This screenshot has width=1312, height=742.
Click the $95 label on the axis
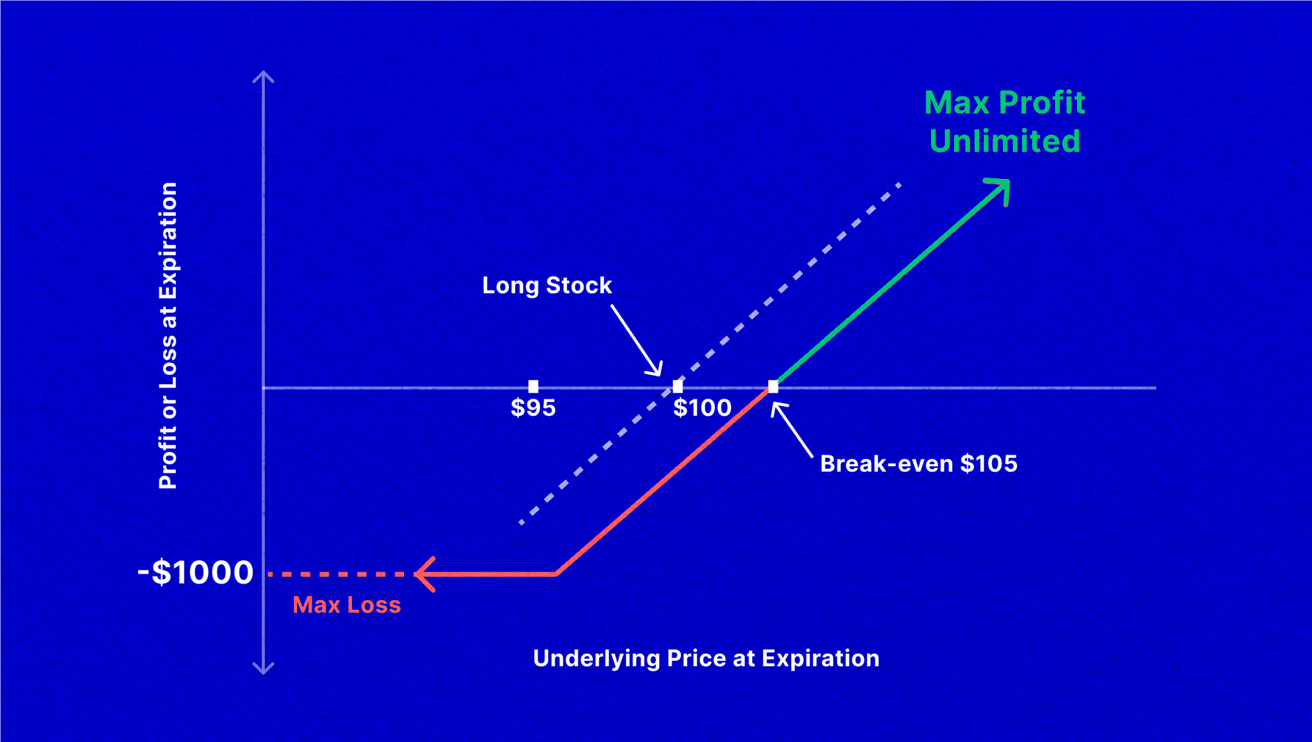(x=533, y=408)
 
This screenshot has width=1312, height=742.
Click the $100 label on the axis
(x=702, y=408)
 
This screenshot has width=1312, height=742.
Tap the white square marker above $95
(x=533, y=386)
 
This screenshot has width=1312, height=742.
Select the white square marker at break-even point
(x=773, y=386)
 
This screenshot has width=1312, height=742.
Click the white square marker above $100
(x=677, y=386)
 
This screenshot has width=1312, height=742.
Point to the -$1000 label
(x=195, y=572)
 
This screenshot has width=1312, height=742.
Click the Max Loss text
(x=347, y=605)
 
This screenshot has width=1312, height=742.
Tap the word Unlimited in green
(x=1004, y=141)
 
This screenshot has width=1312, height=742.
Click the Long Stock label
(x=547, y=285)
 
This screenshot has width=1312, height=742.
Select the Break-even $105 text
(x=918, y=463)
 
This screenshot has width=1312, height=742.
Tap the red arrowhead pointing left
(x=425, y=574)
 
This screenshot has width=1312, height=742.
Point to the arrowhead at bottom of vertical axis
(x=263, y=668)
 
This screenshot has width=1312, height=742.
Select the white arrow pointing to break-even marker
(x=792, y=430)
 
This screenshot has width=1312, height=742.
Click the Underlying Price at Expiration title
(x=706, y=658)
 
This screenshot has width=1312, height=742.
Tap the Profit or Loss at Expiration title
(x=168, y=335)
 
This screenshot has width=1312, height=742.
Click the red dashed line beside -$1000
(x=337, y=574)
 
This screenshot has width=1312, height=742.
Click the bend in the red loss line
(x=557, y=574)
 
